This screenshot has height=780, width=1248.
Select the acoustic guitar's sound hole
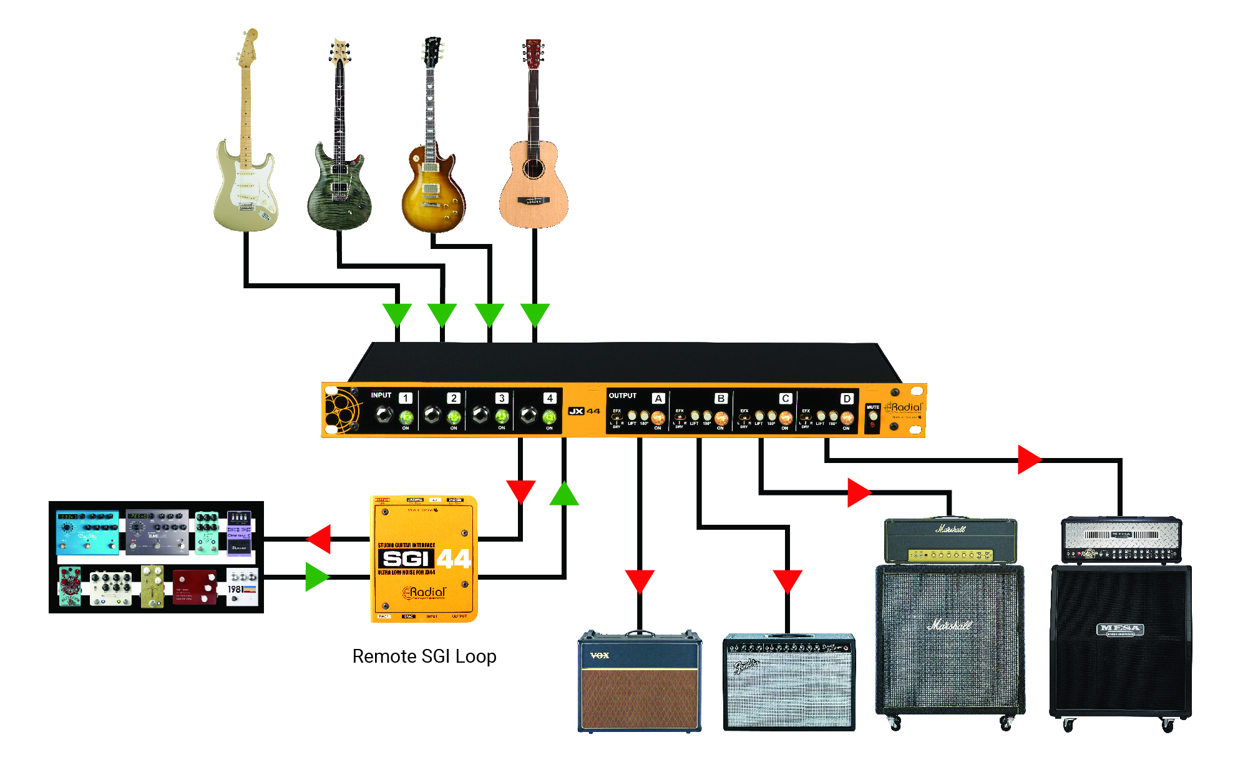[534, 167]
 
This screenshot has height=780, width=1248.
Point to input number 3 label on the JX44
[501, 398]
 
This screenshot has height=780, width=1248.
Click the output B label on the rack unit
[721, 398]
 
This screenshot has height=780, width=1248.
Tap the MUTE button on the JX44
[873, 415]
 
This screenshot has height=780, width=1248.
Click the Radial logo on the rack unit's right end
[905, 407]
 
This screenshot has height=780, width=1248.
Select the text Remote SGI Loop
[424, 656]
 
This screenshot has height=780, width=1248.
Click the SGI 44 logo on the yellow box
[424, 558]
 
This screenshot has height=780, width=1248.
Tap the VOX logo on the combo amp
[600, 655]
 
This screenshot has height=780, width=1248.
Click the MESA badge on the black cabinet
[1120, 629]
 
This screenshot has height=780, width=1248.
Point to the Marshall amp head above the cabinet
[950, 540]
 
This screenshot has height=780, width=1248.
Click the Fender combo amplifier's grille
[789, 693]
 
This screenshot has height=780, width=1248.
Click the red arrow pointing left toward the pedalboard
[320, 539]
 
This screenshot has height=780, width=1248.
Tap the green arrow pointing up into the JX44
[564, 494]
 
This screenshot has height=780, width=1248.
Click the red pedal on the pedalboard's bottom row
[195, 587]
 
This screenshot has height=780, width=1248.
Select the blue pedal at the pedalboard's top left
[87, 532]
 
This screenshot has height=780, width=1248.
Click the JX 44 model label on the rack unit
[584, 411]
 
